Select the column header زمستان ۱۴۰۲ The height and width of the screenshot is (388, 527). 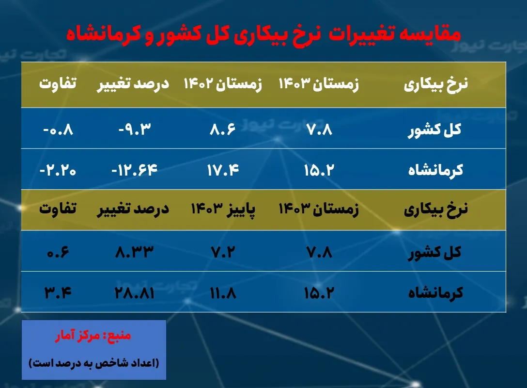click(x=222, y=84)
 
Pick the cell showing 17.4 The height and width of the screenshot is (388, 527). click(x=222, y=170)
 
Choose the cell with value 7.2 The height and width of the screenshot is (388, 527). click(x=222, y=252)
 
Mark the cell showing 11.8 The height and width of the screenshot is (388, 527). click(x=222, y=293)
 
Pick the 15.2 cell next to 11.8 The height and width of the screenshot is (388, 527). click(x=318, y=293)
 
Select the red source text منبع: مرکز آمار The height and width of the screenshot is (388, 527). click(x=94, y=336)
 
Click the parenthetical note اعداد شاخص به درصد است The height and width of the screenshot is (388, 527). click(x=94, y=362)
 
